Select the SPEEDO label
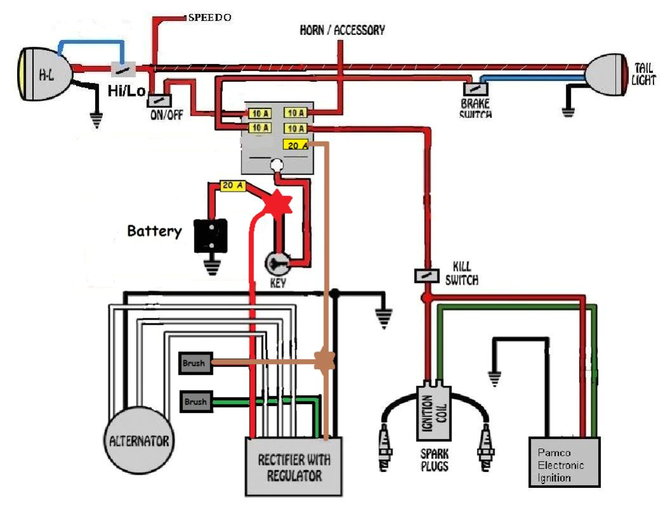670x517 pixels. [210, 18]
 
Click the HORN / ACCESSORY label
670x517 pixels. [342, 30]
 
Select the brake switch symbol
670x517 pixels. [474, 89]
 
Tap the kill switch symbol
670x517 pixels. [427, 276]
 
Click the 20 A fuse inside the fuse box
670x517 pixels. [295, 145]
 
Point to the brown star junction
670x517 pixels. [325, 362]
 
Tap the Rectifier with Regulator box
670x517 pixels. [293, 466]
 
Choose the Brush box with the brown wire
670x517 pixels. [195, 363]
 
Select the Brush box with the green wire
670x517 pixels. [195, 402]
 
